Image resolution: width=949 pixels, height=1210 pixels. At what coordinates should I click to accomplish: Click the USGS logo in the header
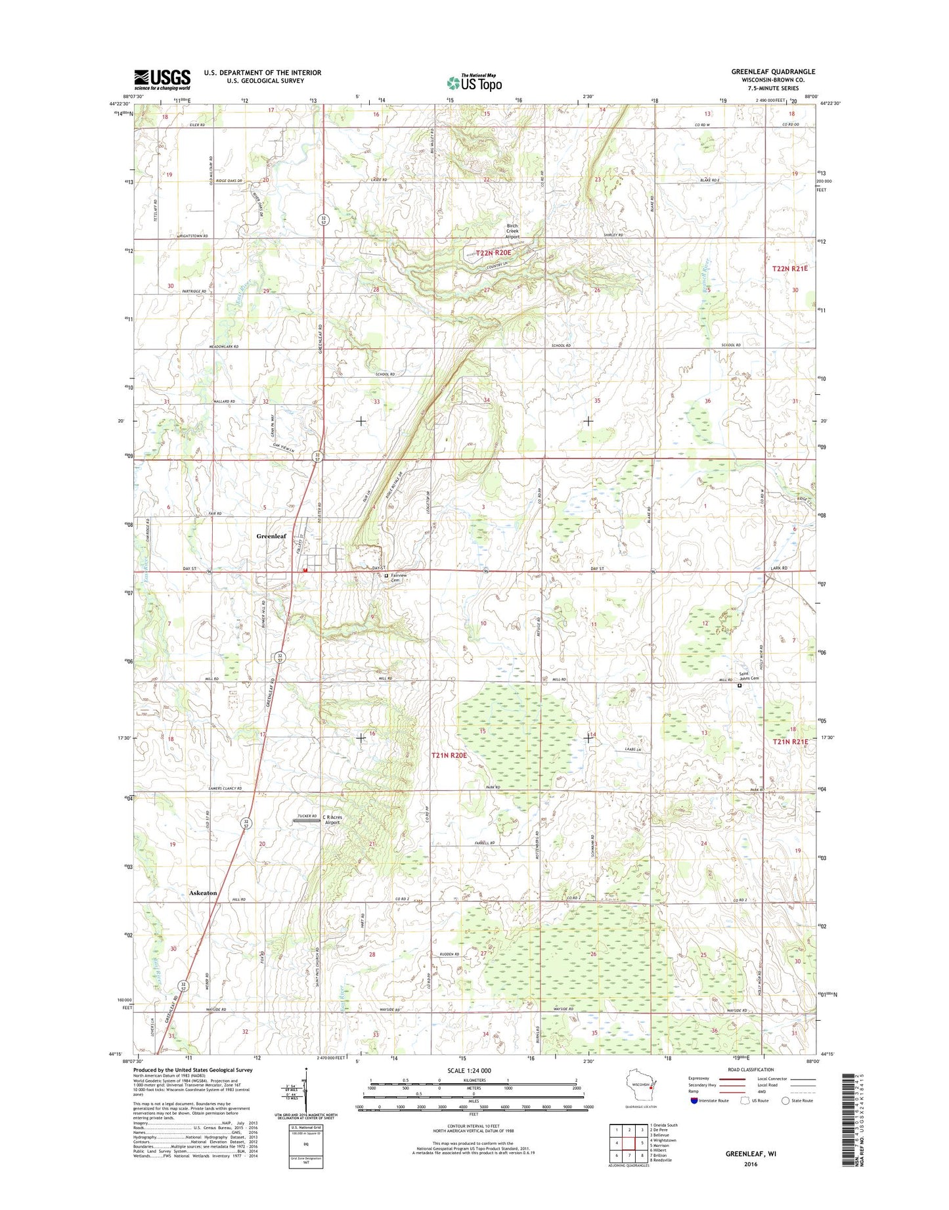pos(162,79)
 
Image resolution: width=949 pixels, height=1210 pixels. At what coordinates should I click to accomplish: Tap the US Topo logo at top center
pos(474,82)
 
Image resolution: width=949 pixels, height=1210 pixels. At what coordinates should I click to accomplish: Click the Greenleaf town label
pos(271,536)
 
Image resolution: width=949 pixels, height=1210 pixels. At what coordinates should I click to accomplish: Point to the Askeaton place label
pos(203,893)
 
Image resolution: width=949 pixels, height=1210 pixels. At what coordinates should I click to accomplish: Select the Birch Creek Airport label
pos(512,231)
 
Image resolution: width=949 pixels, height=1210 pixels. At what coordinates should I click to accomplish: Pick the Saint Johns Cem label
pos(749,677)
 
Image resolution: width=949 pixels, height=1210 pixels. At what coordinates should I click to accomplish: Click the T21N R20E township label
pos(449,755)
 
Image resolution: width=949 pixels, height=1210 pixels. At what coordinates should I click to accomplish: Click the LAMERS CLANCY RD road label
pos(225,788)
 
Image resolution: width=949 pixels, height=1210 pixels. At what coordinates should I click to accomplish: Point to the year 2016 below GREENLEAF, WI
pos(751,1164)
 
